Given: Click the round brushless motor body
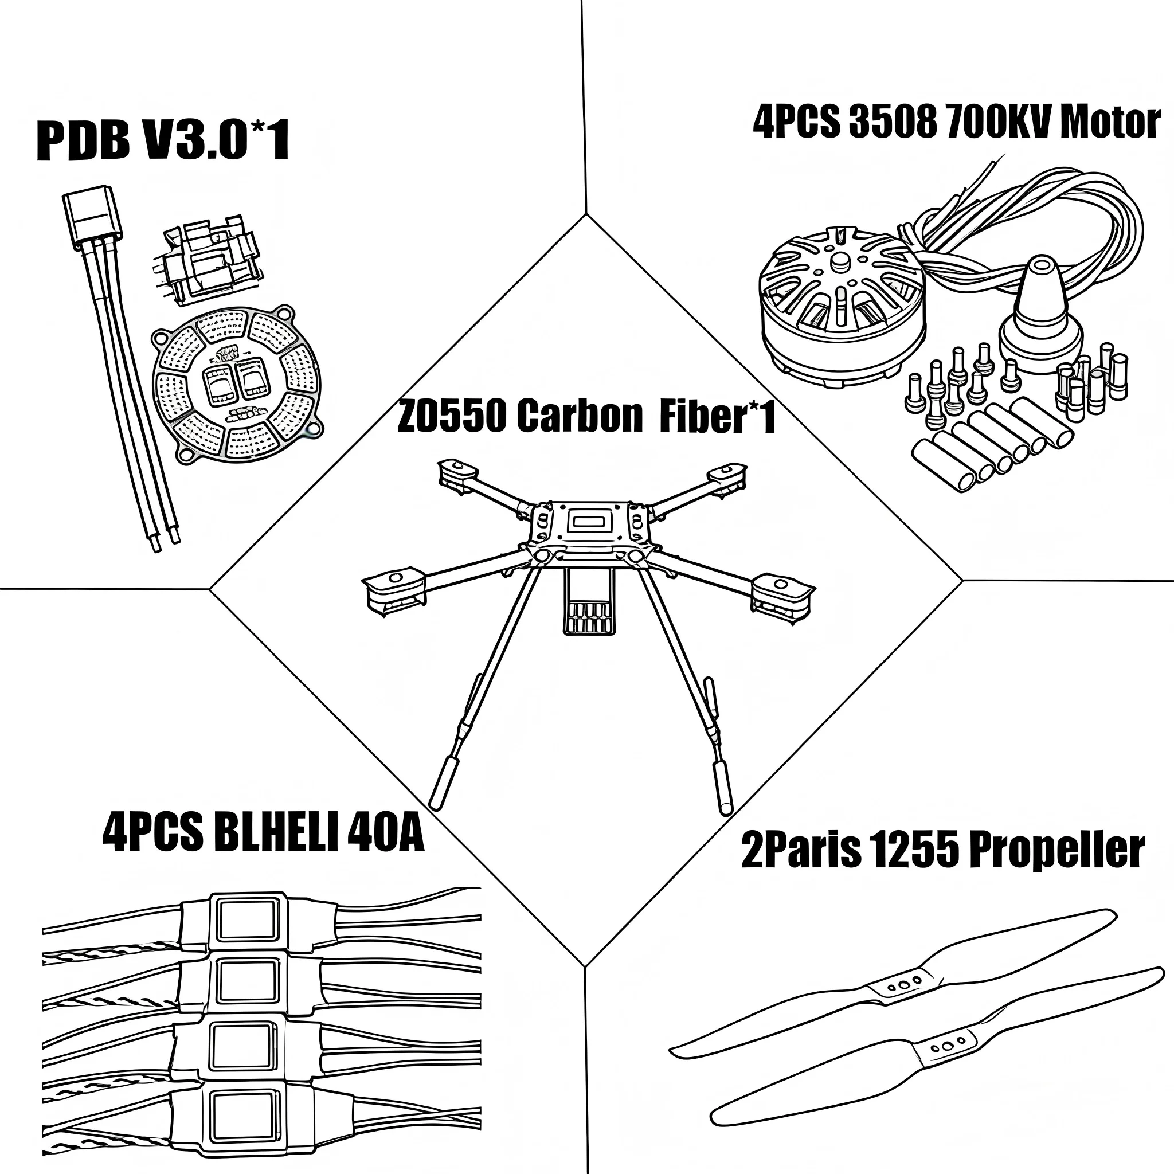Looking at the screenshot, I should coord(842,304).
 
